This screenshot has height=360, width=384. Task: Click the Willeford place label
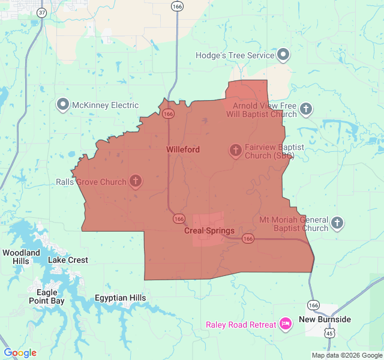point(182,149)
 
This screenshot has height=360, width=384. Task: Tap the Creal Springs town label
point(209,231)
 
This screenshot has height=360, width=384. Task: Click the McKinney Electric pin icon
point(63,105)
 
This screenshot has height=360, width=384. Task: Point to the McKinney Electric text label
point(106,106)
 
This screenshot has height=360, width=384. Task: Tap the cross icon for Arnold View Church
point(306,109)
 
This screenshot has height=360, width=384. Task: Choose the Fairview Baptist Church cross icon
point(235,151)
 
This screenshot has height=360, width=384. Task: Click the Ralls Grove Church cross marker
point(136,181)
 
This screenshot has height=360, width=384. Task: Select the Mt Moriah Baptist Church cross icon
point(337,224)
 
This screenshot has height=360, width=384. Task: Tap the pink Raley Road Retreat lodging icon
point(285,325)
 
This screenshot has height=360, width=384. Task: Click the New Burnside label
point(325,319)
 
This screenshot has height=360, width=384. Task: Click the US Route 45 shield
point(329,332)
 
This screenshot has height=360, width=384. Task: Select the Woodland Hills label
point(21,257)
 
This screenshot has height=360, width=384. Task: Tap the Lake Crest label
point(68,260)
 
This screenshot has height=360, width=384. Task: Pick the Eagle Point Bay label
point(46,296)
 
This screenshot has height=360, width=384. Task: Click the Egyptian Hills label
point(120,298)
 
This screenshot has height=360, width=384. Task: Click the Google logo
point(20,353)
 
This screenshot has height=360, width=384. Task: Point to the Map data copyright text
point(346,355)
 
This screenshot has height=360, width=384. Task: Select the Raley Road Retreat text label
point(241,325)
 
